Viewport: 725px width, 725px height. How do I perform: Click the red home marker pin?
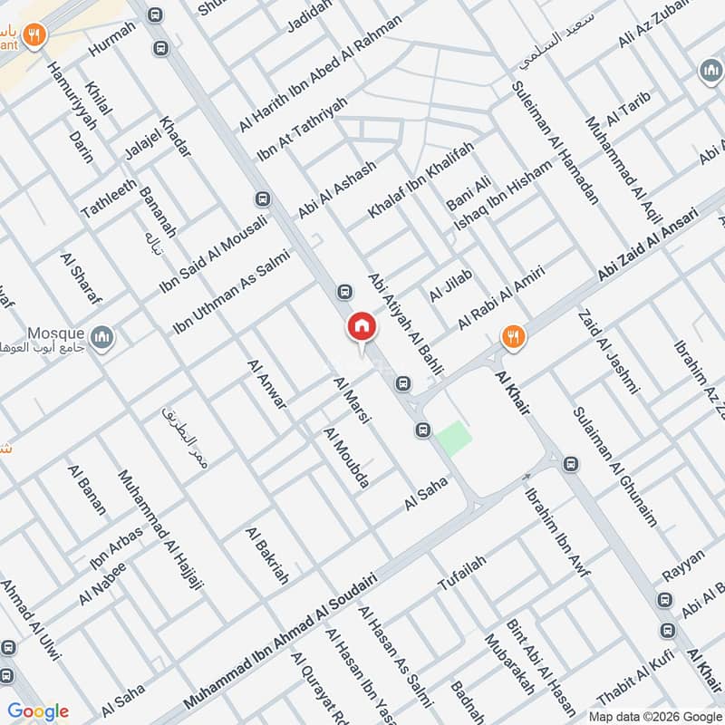click(361, 328)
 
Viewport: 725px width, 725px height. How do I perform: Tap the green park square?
click(454, 439)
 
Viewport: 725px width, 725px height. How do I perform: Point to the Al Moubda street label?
click(346, 459)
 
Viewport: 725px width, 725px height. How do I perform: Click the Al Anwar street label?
click(266, 383)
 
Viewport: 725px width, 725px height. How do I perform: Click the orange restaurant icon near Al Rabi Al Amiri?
click(513, 337)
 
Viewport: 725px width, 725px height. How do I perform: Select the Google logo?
click(38, 711)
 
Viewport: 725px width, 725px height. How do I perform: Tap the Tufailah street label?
click(462, 572)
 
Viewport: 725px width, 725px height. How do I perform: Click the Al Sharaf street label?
click(81, 278)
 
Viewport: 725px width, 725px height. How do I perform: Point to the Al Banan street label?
click(86, 489)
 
